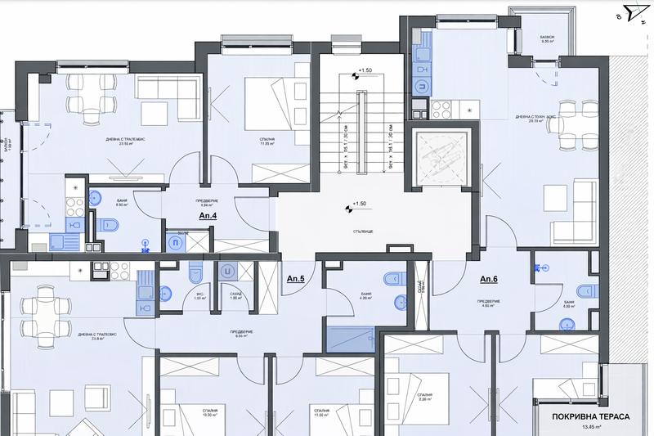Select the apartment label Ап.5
[295, 279]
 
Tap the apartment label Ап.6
[490, 279]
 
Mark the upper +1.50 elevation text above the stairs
[361, 72]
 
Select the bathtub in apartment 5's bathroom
[348, 337]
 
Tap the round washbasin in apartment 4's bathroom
[96, 196]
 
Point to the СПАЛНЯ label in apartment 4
[256, 141]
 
